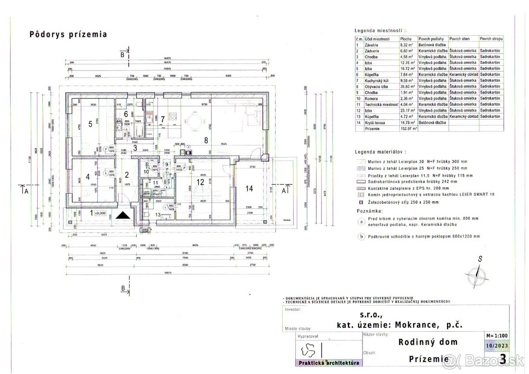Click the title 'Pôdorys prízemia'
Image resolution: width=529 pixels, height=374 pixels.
pyautogui.click(x=68, y=34)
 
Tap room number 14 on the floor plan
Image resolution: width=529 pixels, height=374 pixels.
pyautogui.click(x=250, y=188)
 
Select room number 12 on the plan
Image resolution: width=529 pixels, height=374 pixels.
pyautogui.click(x=201, y=182)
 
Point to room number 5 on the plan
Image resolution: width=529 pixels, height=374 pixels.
pyautogui.click(x=90, y=124)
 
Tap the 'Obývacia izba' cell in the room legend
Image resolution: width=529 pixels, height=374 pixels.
pyautogui.click(x=376, y=87)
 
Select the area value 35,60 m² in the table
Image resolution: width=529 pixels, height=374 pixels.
pyautogui.click(x=406, y=87)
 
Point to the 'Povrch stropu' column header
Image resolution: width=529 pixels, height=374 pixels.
pyautogui.click(x=492, y=39)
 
